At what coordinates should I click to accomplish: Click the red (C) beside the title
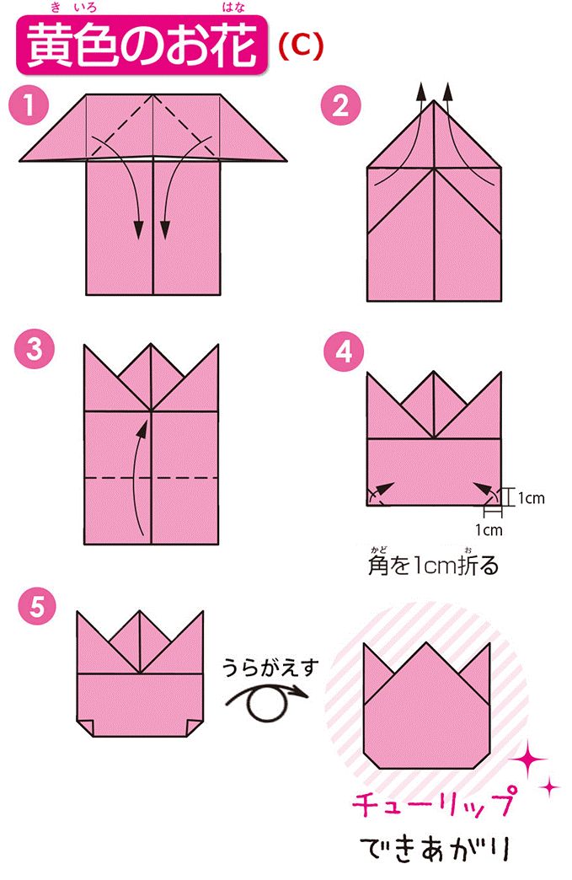[x=301, y=46]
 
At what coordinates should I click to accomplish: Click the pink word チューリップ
[x=432, y=805]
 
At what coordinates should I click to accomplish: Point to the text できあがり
[x=433, y=847]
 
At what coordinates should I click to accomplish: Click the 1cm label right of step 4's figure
[x=531, y=498]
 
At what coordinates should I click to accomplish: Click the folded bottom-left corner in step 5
[x=86, y=725]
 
